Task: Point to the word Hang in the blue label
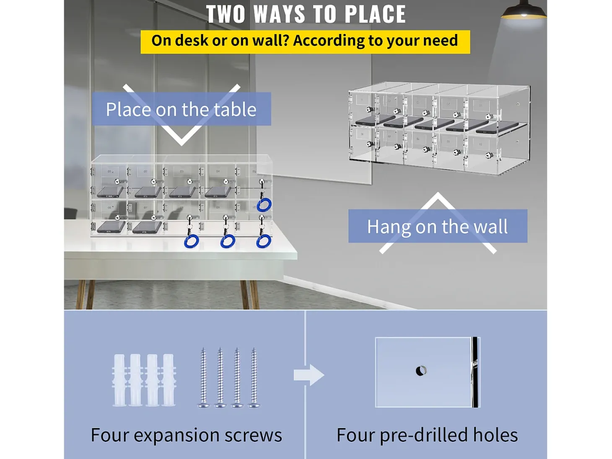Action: pyautogui.click(x=389, y=227)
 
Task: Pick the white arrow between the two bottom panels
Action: pyautogui.click(x=309, y=375)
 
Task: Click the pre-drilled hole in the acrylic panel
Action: pyautogui.click(x=421, y=371)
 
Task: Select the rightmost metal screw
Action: pyautogui.click(x=254, y=377)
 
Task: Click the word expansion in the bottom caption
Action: pyautogui.click(x=177, y=435)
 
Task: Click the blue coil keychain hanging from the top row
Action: pyautogui.click(x=264, y=205)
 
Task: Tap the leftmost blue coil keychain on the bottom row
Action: pyautogui.click(x=191, y=241)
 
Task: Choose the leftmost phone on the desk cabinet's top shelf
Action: pyautogui.click(x=110, y=192)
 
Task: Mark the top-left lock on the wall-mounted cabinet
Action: pyautogui.click(x=371, y=109)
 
